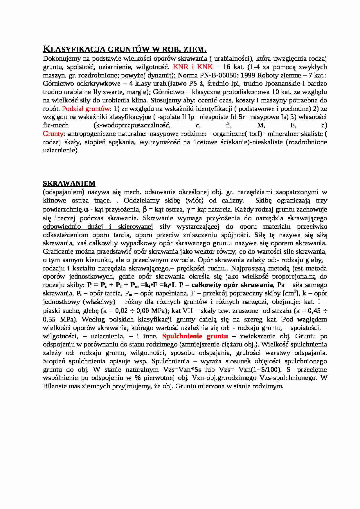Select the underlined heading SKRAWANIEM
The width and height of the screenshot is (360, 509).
[69, 183]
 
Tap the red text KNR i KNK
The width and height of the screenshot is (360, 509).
[193, 67]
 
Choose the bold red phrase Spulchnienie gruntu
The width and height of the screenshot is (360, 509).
[195, 336]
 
